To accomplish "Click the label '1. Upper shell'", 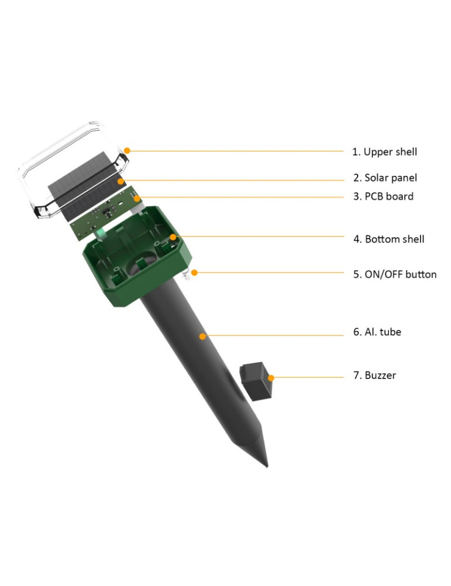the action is (x=384, y=152).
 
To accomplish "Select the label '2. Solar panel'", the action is (x=385, y=178).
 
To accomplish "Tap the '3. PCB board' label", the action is (x=383, y=196).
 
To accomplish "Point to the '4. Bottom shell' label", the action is (x=389, y=239).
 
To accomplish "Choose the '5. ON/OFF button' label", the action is (x=395, y=274).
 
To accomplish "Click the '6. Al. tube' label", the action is (x=377, y=332).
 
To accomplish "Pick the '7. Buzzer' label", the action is (x=374, y=375).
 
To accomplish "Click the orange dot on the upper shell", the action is (x=127, y=151).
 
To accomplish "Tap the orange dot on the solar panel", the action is (x=121, y=182).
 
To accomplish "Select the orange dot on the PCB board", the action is (x=137, y=199).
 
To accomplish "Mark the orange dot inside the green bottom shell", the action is (x=173, y=237).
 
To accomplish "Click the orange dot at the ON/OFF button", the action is (x=194, y=273).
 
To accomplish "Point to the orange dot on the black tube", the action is (x=202, y=336).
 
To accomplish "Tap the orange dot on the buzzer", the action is (x=271, y=378).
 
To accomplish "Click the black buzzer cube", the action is (x=256, y=381).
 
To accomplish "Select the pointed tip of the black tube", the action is (x=267, y=467).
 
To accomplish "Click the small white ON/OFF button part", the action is (x=187, y=276).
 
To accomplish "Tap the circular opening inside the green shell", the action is (x=142, y=265).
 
